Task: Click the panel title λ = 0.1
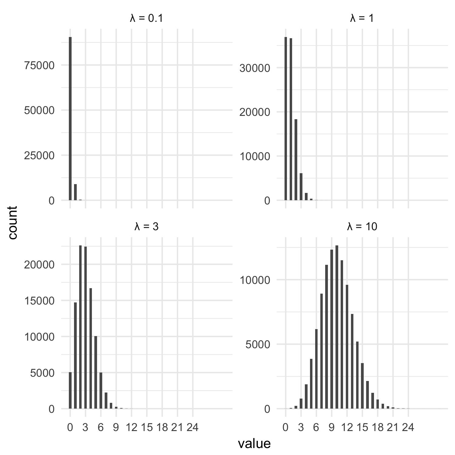click(x=147, y=19)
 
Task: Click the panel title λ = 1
click(x=362, y=19)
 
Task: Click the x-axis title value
click(x=254, y=443)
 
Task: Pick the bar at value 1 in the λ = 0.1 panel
click(x=76, y=192)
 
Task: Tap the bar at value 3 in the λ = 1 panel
click(x=301, y=187)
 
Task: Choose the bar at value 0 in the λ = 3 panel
click(x=70, y=390)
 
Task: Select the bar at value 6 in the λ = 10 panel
click(x=316, y=369)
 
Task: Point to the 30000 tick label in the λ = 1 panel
click(x=255, y=68)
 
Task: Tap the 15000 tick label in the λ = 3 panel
click(x=39, y=301)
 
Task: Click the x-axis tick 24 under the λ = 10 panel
click(x=408, y=428)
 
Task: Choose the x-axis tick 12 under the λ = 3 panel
click(x=132, y=428)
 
